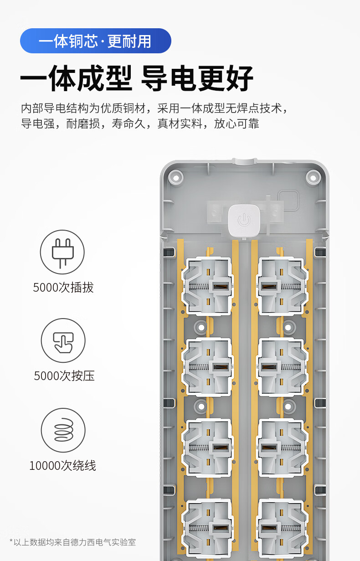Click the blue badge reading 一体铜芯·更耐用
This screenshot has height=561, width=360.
[95, 41]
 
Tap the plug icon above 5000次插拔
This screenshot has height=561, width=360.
[62, 252]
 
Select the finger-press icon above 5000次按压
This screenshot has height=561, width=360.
[63, 340]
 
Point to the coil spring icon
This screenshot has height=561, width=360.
[63, 430]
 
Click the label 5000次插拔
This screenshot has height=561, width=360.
[63, 288]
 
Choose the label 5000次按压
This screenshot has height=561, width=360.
[64, 376]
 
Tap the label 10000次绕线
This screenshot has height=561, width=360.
[62, 466]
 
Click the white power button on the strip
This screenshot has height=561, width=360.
[244, 221]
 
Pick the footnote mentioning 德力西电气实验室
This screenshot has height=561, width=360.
[72, 542]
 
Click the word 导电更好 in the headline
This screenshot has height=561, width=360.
[197, 78]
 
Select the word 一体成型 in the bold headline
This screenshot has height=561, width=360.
[76, 78]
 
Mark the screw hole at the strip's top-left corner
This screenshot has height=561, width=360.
[176, 178]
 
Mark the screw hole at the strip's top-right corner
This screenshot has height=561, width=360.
[313, 178]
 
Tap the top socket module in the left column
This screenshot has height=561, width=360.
[207, 287]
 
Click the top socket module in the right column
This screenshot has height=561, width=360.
[282, 287]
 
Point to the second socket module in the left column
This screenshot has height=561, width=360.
[207, 367]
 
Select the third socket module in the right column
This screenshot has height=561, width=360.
[282, 448]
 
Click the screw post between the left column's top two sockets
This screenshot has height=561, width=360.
[201, 327]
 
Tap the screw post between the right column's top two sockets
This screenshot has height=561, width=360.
[288, 327]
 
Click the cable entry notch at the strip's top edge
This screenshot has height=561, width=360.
[244, 161]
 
